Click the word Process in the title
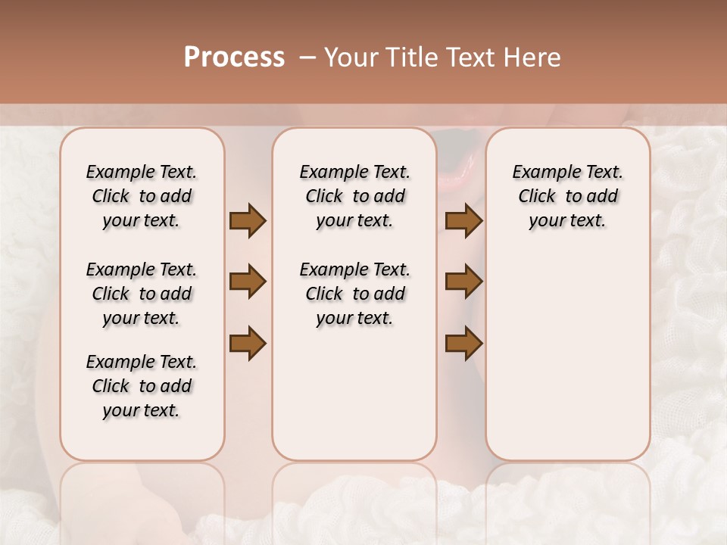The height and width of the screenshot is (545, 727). [x=234, y=58]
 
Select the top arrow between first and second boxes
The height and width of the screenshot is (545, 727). [x=248, y=221]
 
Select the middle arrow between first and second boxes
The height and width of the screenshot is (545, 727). [x=248, y=282]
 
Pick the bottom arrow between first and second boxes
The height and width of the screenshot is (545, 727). [x=248, y=343]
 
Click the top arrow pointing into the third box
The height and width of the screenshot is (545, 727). [x=463, y=221]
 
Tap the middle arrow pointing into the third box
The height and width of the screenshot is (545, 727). [x=463, y=282]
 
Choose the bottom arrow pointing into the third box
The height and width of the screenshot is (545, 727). [x=463, y=343]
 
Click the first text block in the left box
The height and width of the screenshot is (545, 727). [x=142, y=196]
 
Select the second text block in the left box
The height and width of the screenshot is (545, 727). [x=142, y=294]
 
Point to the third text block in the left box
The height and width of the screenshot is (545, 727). [x=142, y=386]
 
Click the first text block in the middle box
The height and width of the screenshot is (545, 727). [x=354, y=196]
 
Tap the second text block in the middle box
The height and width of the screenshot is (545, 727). [x=354, y=294]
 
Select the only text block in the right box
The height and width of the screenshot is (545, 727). [x=567, y=196]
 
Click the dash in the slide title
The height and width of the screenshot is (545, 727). [x=307, y=58]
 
